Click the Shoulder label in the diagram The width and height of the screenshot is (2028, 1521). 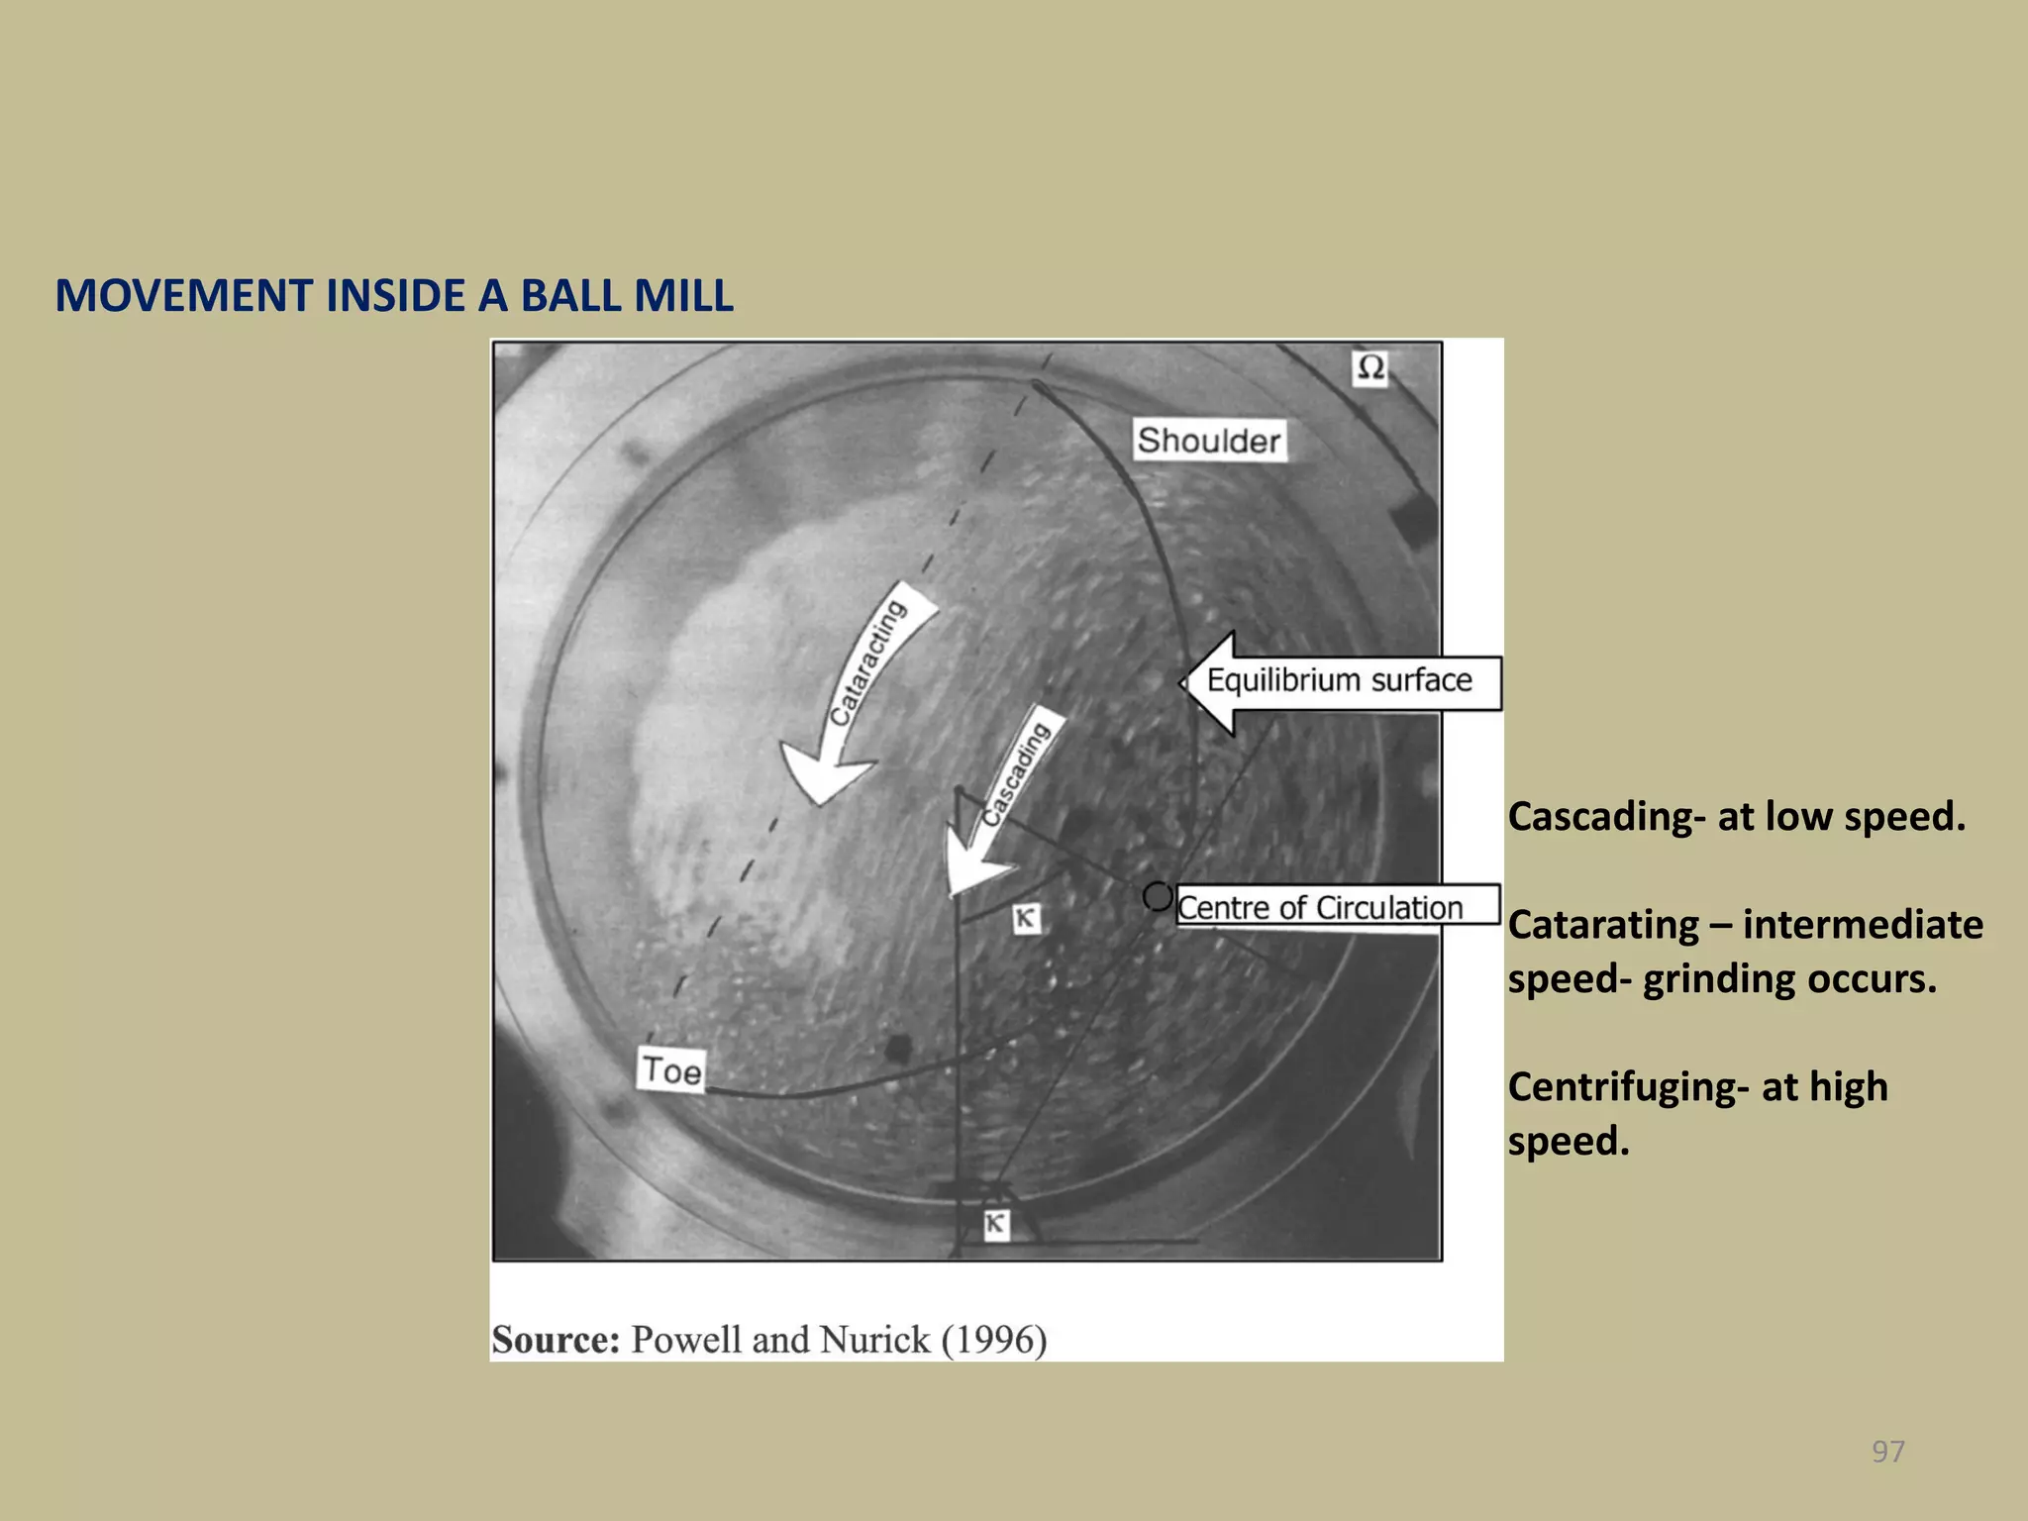tap(1208, 440)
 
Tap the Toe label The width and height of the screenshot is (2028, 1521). tap(671, 1070)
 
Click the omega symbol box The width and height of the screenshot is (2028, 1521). tap(1370, 368)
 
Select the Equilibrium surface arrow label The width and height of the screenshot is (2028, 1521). tap(1339, 681)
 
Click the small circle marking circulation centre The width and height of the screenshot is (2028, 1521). tap(1157, 896)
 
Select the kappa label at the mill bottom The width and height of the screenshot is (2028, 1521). tap(995, 1224)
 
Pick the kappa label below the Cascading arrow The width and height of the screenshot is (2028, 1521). tap(1026, 919)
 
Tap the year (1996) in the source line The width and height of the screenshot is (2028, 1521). tap(994, 1340)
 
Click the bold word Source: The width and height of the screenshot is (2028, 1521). tap(556, 1340)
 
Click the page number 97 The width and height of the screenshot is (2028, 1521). tap(1887, 1452)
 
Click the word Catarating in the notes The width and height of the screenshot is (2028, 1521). tap(1603, 925)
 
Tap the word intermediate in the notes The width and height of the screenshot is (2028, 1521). tap(1863, 925)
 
